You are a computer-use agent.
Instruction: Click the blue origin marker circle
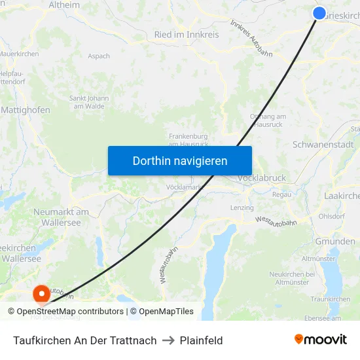(x=319, y=13)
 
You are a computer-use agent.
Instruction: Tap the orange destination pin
(x=41, y=294)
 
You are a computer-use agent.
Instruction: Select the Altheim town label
(x=64, y=5)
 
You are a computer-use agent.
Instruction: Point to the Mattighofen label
(x=26, y=110)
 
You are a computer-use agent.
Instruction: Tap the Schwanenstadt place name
(x=323, y=144)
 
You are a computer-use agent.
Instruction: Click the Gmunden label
(x=335, y=241)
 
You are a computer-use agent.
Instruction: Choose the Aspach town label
(x=99, y=56)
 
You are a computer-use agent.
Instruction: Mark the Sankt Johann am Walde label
(x=89, y=102)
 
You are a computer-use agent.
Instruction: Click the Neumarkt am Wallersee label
(x=61, y=217)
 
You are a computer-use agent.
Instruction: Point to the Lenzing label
(x=242, y=207)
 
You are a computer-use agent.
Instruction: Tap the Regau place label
(x=282, y=194)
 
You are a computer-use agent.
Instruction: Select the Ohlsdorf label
(x=331, y=216)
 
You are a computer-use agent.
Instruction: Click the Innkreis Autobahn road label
(x=251, y=38)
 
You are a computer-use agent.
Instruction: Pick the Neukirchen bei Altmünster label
(x=293, y=278)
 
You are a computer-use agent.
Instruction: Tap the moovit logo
(x=320, y=340)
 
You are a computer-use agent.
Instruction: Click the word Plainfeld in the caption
(x=201, y=340)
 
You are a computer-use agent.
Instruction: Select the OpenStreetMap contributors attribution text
(x=70, y=312)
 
